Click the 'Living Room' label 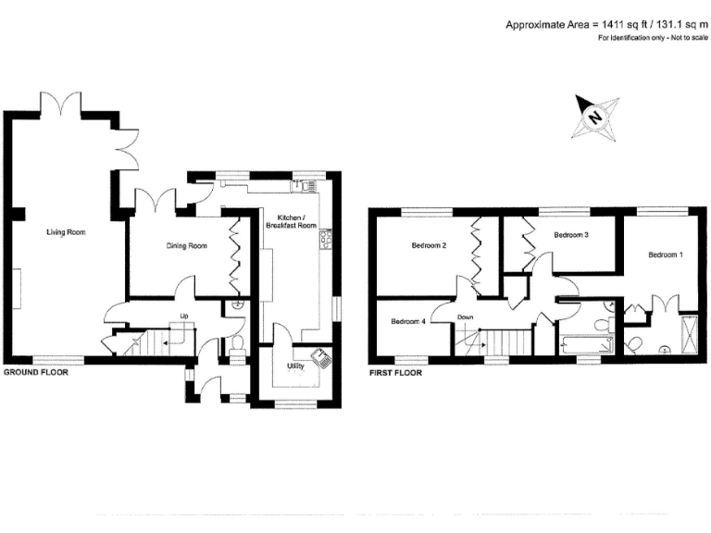tap(66, 232)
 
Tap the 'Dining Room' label tap(186, 246)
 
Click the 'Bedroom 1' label tap(666, 254)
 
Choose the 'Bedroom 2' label tap(430, 246)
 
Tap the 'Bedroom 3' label tap(571, 235)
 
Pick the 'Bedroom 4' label tap(408, 322)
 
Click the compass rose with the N tap(592, 117)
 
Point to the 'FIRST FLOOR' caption tap(394, 374)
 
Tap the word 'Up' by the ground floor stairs tap(184, 317)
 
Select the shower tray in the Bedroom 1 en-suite tap(690, 331)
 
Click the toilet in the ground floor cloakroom tap(237, 345)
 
